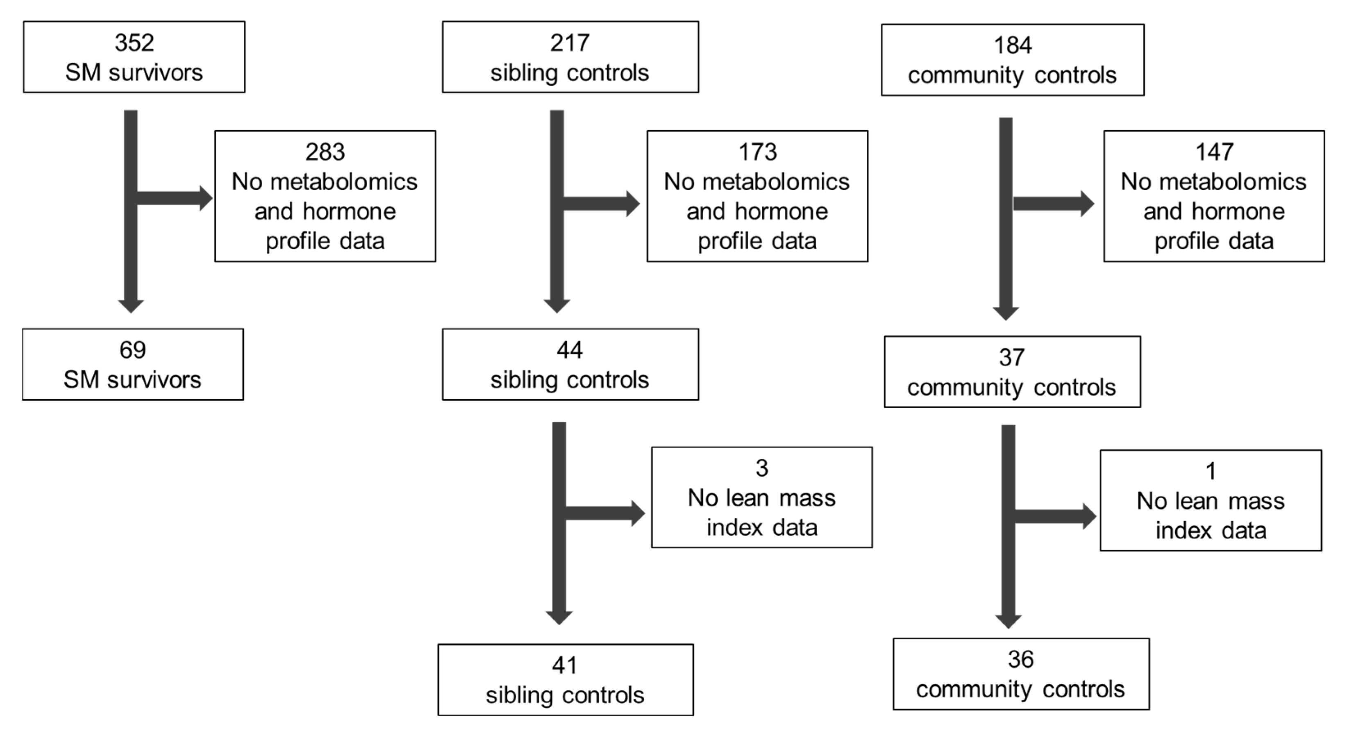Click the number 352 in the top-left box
(134, 43)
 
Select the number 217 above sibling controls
(570, 43)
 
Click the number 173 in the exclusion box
(757, 152)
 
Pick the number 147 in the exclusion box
(1214, 152)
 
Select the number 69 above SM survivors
(132, 350)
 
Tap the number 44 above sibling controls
(570, 350)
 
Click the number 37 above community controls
(1011, 358)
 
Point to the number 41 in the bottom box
(565, 665)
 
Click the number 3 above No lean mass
(761, 468)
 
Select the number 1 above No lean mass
(1210, 472)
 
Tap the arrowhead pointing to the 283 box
(205, 198)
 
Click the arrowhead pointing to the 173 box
(633, 204)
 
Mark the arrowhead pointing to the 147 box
(1087, 204)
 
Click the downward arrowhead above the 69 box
(131, 306)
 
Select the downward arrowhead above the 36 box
(1008, 621)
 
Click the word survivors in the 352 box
(155, 73)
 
